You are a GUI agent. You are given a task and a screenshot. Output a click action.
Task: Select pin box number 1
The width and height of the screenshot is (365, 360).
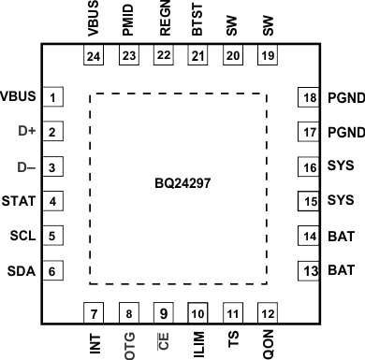coord(55,97)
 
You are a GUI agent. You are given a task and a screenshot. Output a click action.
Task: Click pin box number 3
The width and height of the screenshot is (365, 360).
coord(55,167)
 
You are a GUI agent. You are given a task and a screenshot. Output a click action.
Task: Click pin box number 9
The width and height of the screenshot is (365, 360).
coord(163,312)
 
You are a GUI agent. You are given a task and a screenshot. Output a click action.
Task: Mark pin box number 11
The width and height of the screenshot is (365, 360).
coord(232,312)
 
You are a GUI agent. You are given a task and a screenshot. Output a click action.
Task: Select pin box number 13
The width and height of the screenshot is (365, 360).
coord(308,272)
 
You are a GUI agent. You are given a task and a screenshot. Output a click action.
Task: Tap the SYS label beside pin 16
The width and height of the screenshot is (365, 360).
coord(339,167)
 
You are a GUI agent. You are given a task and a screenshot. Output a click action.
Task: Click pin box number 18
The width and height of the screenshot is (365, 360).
coord(308,98)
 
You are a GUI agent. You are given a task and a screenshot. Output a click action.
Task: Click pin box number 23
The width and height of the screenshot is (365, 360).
coord(128,55)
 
